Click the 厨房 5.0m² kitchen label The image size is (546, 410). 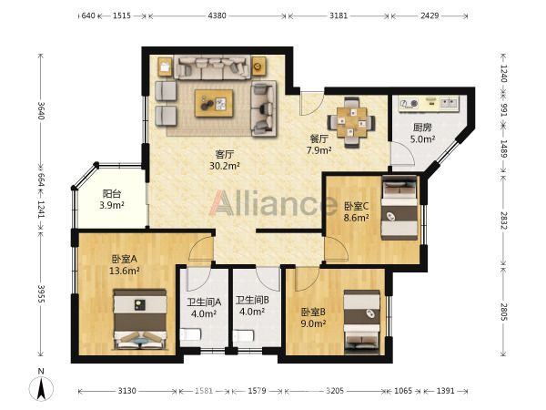[422, 133]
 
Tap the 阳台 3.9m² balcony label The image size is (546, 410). [112, 200]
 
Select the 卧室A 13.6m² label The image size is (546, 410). [125, 264]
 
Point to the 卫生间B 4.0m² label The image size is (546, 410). [252, 305]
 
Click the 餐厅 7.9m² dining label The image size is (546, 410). [318, 144]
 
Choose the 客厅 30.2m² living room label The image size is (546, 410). [225, 160]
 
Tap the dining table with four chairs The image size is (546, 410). [351, 122]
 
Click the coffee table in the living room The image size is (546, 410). [214, 103]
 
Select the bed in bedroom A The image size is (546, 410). [140, 319]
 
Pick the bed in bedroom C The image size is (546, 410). [399, 208]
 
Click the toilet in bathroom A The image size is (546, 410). [190, 334]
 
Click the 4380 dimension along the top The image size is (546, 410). [217, 15]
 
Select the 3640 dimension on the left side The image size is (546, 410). [42, 110]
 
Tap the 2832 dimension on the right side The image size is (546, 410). [504, 220]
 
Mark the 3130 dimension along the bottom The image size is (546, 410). [126, 391]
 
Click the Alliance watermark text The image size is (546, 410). [273, 203]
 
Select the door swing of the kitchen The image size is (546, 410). [402, 153]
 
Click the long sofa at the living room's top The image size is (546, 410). [212, 67]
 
